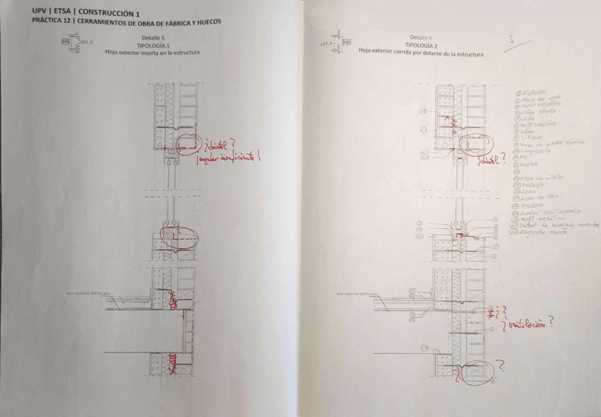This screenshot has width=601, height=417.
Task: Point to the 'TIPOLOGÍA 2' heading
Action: [x=420, y=44]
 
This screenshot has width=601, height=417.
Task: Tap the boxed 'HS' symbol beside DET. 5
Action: [x=67, y=42]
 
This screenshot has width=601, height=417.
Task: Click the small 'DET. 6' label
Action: [x=327, y=43]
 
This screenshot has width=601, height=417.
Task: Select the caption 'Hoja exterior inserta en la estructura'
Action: [x=152, y=52]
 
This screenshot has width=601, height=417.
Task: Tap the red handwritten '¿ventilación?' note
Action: [x=528, y=325]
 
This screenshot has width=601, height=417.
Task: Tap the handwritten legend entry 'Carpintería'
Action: [x=537, y=150]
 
